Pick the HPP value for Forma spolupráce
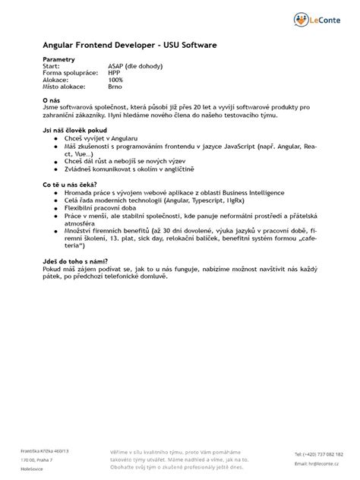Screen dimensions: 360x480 [x=114, y=72]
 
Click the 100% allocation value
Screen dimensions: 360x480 [x=115, y=79]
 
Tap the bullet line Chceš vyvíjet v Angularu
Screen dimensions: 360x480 [x=107, y=138]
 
